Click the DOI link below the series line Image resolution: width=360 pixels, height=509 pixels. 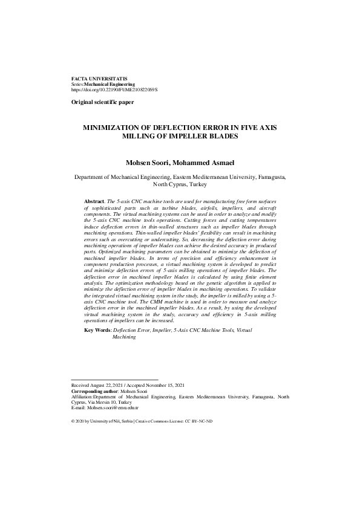[114, 89]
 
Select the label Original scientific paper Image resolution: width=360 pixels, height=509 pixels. [102, 103]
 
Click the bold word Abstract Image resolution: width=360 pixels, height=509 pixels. [94, 199]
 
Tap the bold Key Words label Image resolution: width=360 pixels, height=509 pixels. [97, 331]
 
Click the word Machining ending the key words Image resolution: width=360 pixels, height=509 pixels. [124, 337]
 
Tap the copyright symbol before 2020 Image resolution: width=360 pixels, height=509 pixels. [73, 421]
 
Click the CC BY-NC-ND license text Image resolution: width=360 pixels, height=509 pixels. [199, 421]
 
